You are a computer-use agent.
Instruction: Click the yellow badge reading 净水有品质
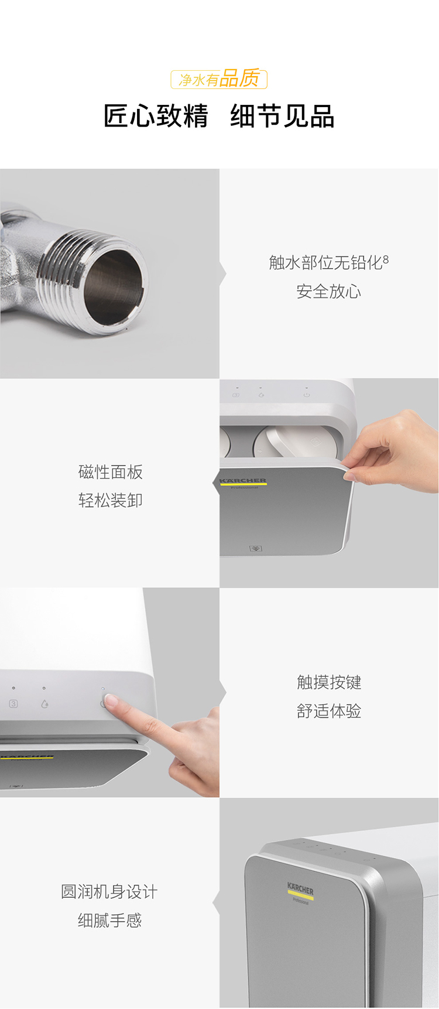(x=219, y=79)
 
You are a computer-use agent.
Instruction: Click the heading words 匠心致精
(x=156, y=116)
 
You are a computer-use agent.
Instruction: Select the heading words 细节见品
(x=282, y=116)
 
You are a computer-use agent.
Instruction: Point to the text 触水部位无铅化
(x=325, y=263)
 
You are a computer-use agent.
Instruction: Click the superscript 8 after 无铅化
(x=386, y=259)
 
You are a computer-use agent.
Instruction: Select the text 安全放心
(x=328, y=292)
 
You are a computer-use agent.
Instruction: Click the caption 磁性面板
(x=111, y=472)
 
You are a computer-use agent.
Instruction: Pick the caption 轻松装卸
(x=111, y=501)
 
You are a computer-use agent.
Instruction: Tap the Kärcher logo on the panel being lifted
(x=243, y=482)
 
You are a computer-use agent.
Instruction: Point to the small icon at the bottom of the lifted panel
(x=256, y=549)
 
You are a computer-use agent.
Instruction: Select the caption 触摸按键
(x=328, y=682)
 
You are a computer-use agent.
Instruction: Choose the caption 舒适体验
(x=328, y=711)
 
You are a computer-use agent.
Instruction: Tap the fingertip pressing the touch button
(x=110, y=700)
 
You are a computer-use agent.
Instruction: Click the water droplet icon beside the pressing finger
(x=44, y=704)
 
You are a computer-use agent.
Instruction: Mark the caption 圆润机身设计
(x=109, y=892)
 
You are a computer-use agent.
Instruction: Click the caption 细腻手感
(x=109, y=921)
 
